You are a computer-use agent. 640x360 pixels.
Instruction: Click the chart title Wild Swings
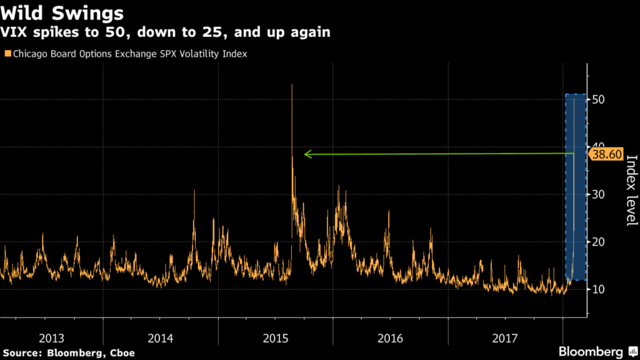coord(61,12)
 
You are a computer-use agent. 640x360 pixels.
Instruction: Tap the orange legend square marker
coord(7,54)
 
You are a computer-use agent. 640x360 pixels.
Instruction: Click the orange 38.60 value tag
coord(607,153)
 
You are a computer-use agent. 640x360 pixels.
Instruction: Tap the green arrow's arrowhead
coord(307,154)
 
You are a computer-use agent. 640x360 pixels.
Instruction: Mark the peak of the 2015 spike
coord(292,85)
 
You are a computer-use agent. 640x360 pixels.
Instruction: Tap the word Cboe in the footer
coord(122,353)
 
